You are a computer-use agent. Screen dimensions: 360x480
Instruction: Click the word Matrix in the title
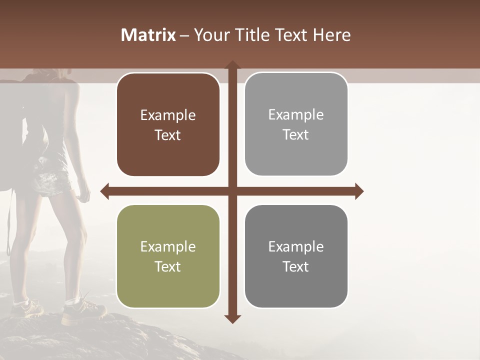click(148, 35)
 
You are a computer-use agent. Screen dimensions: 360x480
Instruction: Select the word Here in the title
click(331, 35)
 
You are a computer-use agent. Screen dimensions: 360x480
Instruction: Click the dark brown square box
click(168, 124)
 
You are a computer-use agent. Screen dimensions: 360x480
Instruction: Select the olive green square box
click(168, 256)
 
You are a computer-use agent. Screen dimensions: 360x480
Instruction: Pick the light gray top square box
click(296, 124)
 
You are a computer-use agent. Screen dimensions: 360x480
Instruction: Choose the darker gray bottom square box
click(296, 256)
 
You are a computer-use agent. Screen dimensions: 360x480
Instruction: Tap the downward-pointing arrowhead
click(232, 318)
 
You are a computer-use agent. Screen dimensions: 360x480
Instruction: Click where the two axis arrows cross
click(232, 191)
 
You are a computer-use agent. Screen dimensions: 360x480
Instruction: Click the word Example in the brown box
click(168, 115)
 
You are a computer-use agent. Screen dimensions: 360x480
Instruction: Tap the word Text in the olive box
click(168, 266)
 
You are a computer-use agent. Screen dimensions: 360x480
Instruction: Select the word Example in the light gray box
click(296, 115)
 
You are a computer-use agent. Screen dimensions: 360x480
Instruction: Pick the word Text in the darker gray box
click(296, 266)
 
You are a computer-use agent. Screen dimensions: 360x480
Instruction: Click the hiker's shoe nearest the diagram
click(82, 311)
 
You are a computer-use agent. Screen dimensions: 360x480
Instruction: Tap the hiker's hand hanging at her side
click(84, 192)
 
